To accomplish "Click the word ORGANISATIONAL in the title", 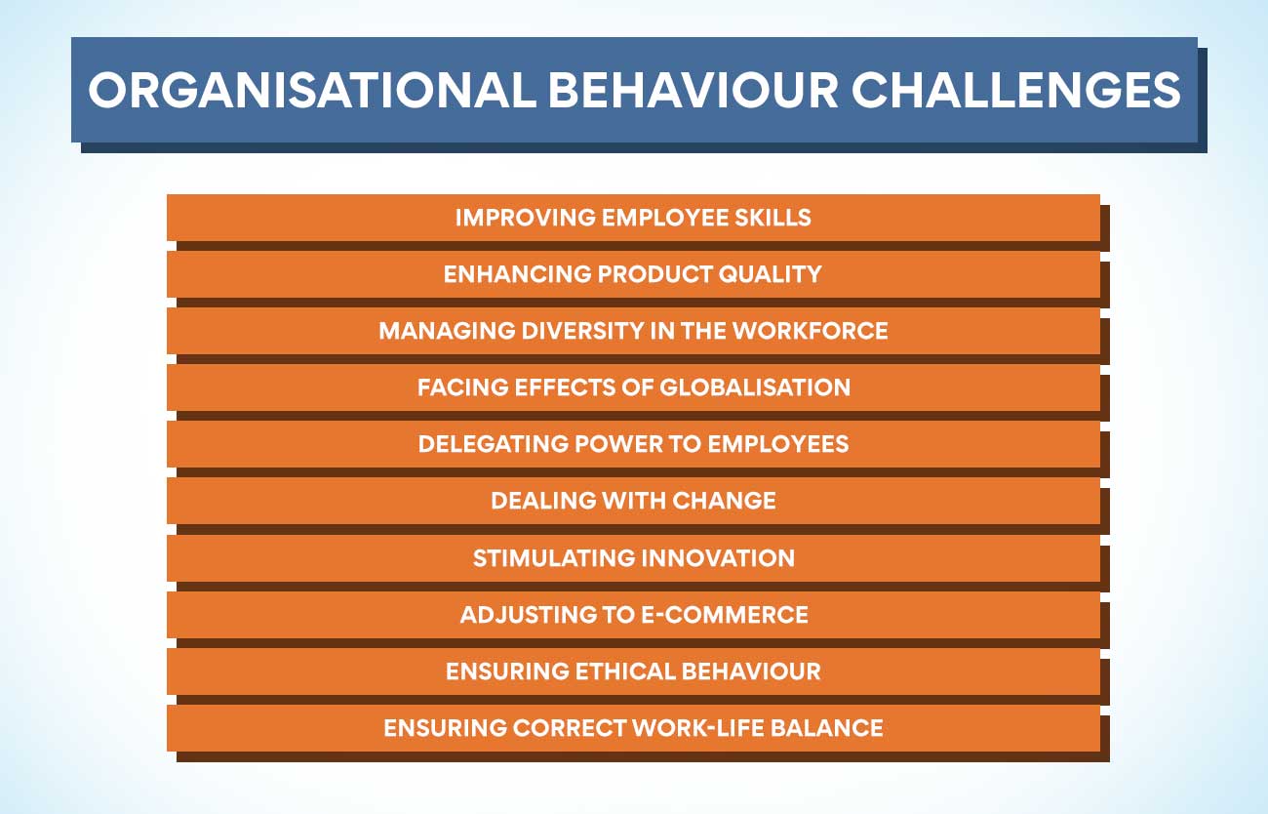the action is (x=312, y=90).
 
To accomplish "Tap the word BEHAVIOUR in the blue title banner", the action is (x=693, y=90).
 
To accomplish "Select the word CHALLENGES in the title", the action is (x=1016, y=90).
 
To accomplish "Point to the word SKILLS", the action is (x=773, y=218).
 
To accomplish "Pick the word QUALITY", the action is (x=770, y=274).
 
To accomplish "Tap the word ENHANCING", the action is (x=517, y=274).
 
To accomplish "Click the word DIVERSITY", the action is (x=582, y=331).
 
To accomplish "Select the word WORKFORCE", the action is (x=810, y=331).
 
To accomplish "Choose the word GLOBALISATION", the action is (x=755, y=387).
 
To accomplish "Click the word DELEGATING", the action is (x=493, y=444).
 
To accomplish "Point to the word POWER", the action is (x=618, y=444).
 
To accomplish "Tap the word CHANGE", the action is (x=724, y=501).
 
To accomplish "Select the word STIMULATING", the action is (x=554, y=558).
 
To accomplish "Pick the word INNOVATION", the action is (x=718, y=558).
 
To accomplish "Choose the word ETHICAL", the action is (x=625, y=672).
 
